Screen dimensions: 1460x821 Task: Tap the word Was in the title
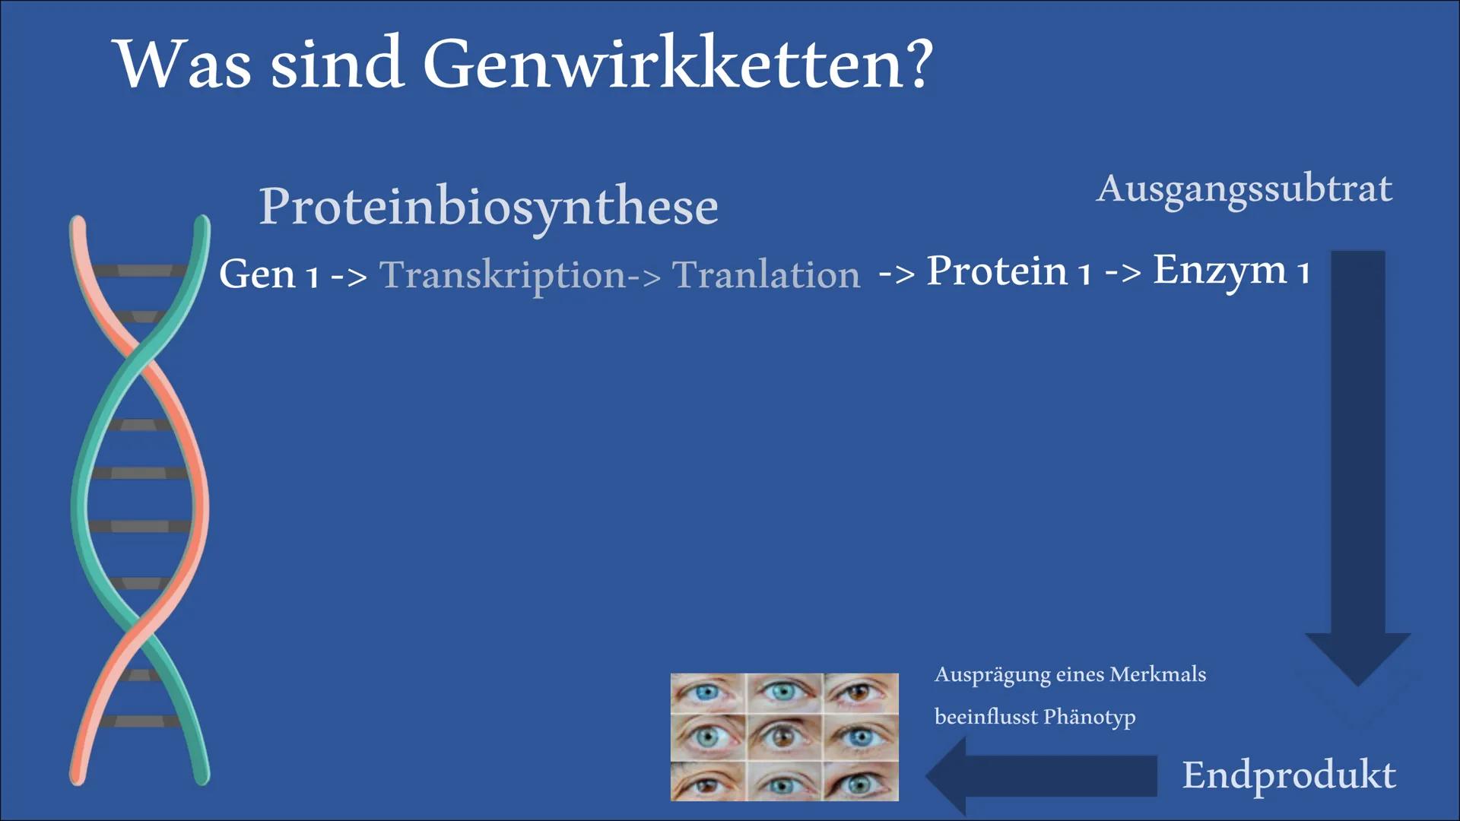182,62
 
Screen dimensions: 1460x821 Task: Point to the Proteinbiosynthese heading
488,207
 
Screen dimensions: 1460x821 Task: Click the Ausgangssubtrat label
1244,189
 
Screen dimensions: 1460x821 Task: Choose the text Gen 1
268,274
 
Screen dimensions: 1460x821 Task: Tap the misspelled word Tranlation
766,274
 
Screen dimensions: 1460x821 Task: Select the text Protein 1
1008,271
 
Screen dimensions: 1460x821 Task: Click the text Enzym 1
1231,271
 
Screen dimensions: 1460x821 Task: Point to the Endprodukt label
1289,775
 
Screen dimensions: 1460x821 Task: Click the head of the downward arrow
1358,658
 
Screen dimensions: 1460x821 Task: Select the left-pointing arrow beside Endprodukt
1041,776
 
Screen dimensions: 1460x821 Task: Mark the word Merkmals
1157,674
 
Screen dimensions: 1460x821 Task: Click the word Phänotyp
1090,718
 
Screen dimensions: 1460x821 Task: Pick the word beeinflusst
985,717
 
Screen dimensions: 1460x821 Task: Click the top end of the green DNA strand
202,221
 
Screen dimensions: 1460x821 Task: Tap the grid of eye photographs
784,737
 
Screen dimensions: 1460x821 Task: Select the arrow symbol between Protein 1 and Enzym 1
1122,273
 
